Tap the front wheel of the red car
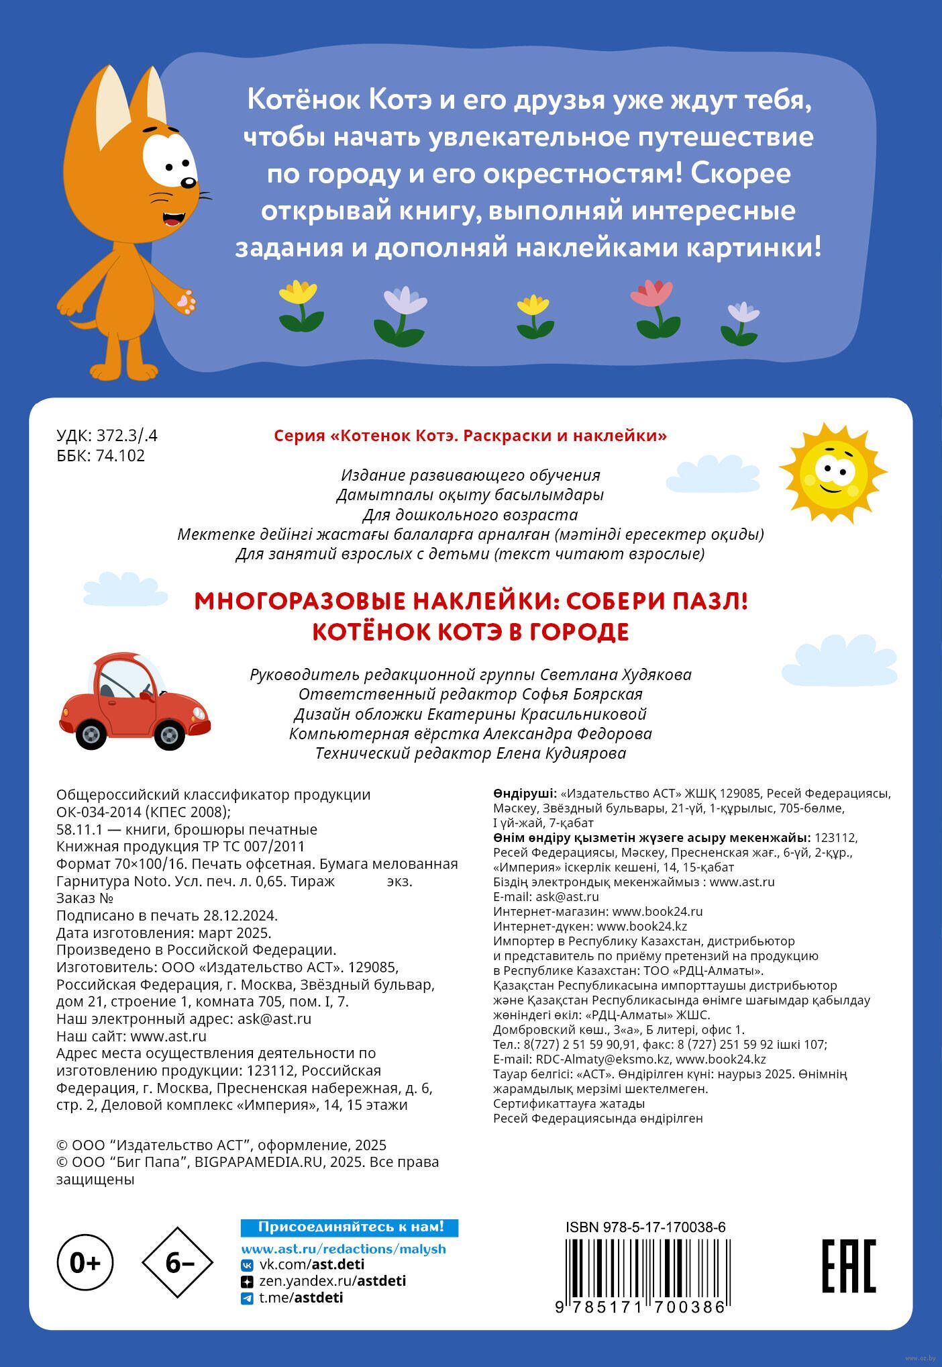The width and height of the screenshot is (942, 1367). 169,734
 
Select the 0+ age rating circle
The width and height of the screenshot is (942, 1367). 85,1263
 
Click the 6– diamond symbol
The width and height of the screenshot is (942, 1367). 178,1263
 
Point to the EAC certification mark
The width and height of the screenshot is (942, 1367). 849,1266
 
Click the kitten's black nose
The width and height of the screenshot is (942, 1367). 189,182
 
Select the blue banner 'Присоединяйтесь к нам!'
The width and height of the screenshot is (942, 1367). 350,1227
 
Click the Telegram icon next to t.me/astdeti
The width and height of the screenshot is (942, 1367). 247,1299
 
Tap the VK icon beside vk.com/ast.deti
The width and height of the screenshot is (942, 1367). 247,1265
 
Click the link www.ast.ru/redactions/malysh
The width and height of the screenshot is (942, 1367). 344,1249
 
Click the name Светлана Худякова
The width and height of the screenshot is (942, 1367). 615,674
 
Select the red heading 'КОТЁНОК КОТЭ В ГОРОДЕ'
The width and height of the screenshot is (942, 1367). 470,632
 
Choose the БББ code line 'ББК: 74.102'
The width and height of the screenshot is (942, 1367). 101,456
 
